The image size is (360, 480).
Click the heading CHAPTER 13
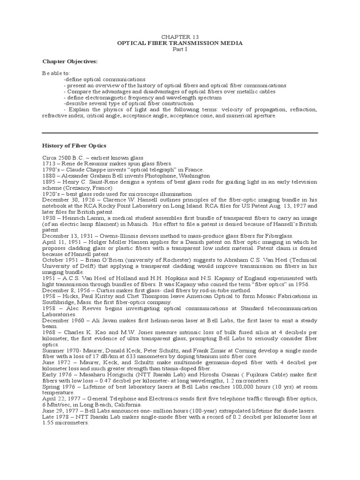(x=180, y=37)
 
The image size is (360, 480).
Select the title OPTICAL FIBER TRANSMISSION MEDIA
(x=180, y=43)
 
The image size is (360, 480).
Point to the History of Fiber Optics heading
(x=74, y=146)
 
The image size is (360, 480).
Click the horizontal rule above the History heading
(x=180, y=133)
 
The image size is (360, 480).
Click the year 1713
(x=48, y=163)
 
